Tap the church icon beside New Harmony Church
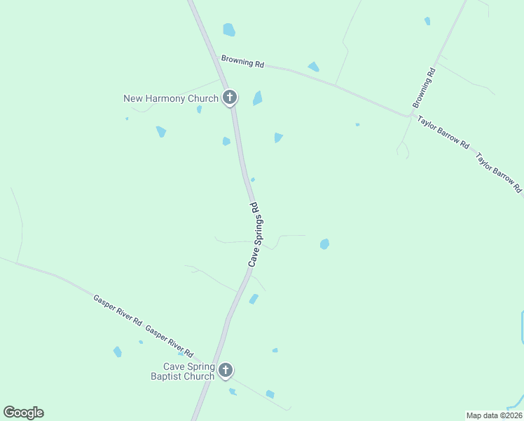click(229, 98)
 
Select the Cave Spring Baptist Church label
click(189, 371)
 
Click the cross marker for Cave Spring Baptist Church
click(225, 370)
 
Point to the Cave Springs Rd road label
click(254, 234)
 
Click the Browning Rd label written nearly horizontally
click(242, 62)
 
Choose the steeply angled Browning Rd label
click(425, 88)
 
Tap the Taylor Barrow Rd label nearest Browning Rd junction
click(443, 132)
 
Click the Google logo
click(23, 413)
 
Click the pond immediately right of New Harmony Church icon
click(257, 98)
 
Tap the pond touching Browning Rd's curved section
click(313, 67)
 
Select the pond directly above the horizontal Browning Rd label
click(229, 29)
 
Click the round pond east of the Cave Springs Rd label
click(324, 244)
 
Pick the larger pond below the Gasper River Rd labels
click(118, 352)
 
